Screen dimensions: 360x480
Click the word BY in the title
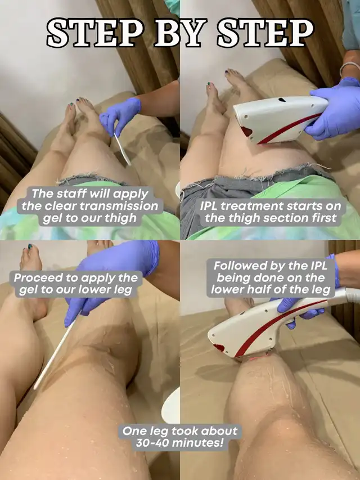click(x=181, y=33)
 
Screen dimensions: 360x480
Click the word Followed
click(x=235, y=266)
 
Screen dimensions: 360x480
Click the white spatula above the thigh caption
click(x=122, y=148)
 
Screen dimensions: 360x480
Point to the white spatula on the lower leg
click(x=55, y=355)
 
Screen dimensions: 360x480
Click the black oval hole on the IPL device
click(x=282, y=100)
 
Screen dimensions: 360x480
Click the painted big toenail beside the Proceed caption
click(x=30, y=246)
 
